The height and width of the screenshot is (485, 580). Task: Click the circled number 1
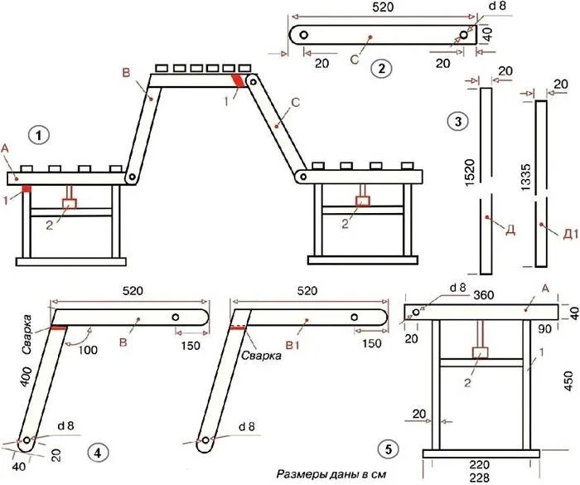click(39, 135)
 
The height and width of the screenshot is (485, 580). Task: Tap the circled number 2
click(381, 69)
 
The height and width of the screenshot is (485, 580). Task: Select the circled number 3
click(458, 121)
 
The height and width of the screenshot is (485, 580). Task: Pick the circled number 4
click(98, 453)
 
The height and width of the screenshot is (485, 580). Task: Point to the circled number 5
click(388, 449)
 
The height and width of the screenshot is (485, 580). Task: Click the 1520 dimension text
click(469, 172)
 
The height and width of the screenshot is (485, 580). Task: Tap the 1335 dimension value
click(525, 177)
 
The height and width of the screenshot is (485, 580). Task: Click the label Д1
click(570, 235)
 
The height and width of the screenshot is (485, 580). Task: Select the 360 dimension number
click(483, 295)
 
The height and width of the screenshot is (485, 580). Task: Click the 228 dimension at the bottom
click(480, 478)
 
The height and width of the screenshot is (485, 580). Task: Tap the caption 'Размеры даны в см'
click(331, 474)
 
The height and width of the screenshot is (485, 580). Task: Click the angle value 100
click(88, 350)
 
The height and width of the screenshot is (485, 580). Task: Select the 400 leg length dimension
click(27, 377)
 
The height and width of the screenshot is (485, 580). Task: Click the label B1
click(292, 346)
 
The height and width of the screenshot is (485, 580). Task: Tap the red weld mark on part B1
click(238, 327)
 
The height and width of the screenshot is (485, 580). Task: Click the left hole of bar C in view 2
click(304, 35)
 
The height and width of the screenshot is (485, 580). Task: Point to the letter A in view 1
click(4, 148)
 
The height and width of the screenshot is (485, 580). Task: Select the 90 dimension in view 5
click(544, 329)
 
